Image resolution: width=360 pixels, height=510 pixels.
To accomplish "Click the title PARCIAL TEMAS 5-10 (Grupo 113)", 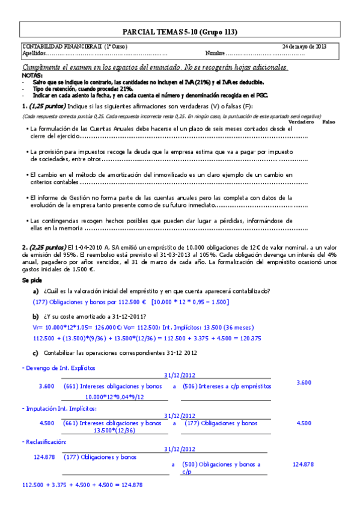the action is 179,31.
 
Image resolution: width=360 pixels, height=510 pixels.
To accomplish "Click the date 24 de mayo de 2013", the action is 305,46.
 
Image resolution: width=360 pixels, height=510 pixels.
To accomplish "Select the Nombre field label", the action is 216,53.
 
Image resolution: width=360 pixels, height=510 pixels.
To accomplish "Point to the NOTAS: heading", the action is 32,76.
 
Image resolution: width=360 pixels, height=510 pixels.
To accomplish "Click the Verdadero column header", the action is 301,121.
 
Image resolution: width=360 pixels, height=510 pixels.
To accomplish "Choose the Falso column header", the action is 329,121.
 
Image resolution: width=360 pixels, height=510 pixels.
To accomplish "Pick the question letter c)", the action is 36,352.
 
